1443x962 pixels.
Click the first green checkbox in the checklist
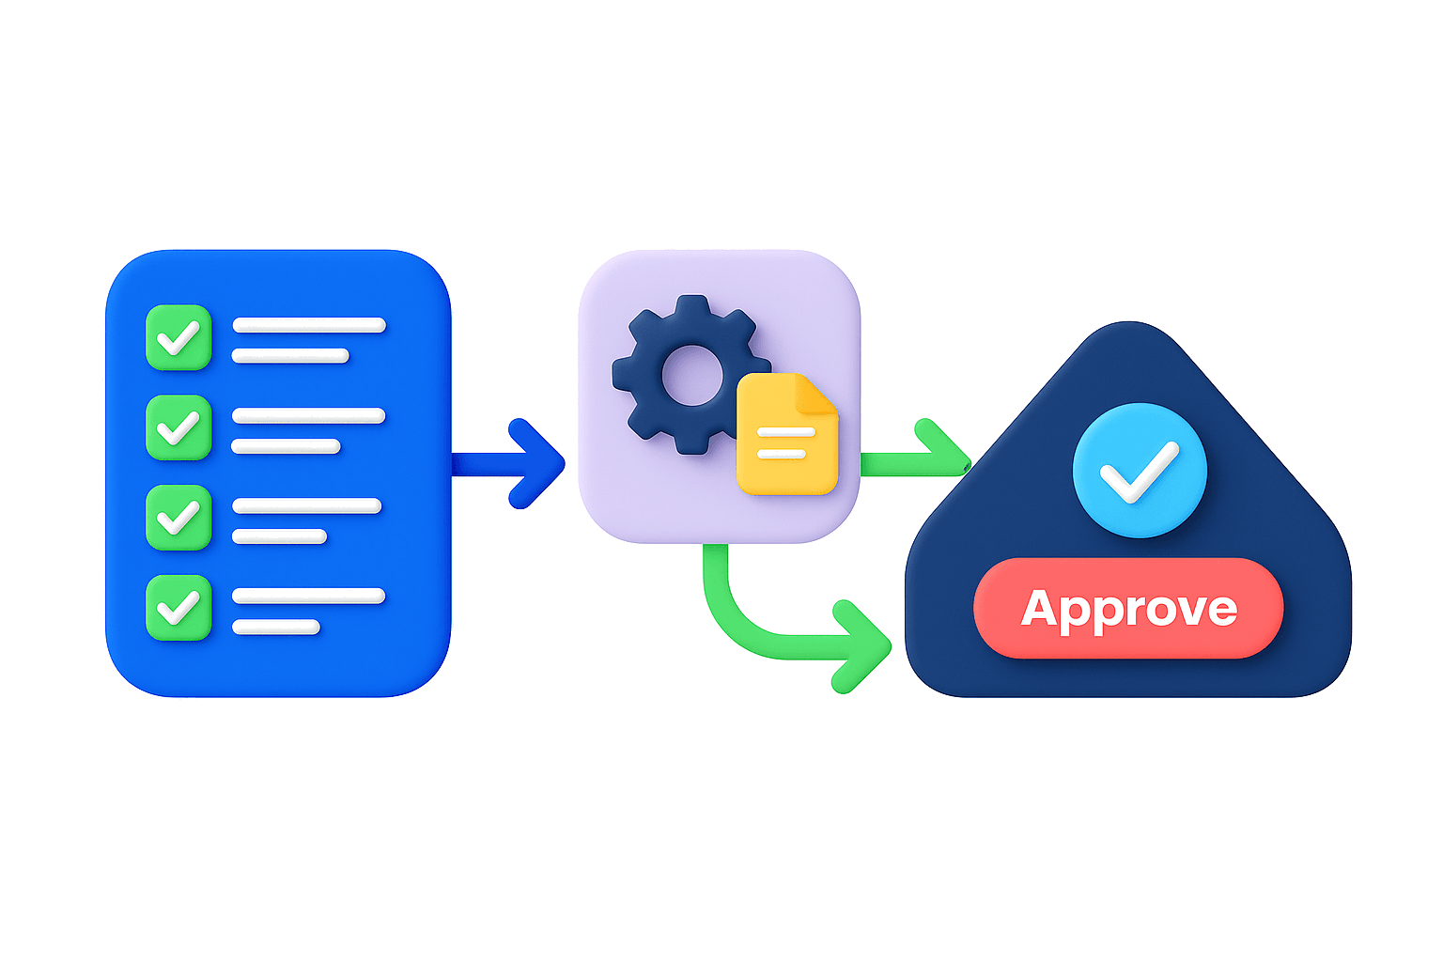tap(178, 337)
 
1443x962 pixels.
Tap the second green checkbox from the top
tap(178, 427)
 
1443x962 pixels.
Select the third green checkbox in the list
tap(178, 517)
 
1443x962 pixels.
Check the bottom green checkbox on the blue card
tap(178, 607)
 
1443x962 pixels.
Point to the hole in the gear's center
tap(692, 375)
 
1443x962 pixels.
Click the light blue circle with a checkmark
tap(1139, 470)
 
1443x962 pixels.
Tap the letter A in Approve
tap(1047, 609)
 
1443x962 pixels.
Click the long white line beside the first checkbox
tap(308, 325)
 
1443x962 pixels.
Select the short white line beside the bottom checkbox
tap(275, 627)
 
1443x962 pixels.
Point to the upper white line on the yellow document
tap(785, 433)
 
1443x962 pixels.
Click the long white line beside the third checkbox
tap(306, 505)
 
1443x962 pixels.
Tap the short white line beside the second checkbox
tap(286, 446)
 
